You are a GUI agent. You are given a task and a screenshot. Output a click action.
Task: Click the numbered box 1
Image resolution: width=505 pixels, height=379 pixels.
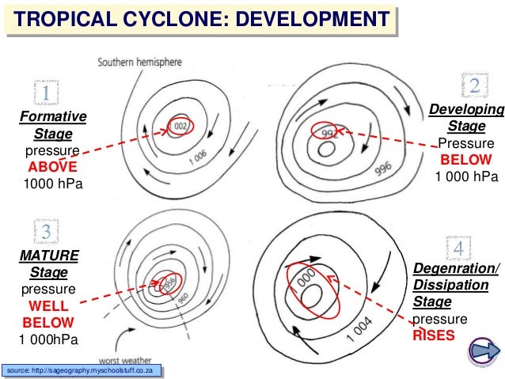[x=46, y=94]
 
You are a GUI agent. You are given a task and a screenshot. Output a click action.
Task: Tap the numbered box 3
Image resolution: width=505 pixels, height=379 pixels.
[x=46, y=232]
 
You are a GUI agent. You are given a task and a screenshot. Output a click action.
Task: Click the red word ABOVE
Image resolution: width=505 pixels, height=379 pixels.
[x=53, y=168]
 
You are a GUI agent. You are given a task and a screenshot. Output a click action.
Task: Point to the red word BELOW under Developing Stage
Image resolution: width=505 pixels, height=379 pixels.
[x=466, y=160]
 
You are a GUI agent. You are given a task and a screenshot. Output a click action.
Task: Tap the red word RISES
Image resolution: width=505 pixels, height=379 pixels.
[x=434, y=335]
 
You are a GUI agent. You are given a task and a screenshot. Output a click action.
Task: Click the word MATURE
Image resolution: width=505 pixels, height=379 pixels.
[x=49, y=256]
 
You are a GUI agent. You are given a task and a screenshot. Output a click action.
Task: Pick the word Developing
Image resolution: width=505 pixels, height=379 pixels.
[x=466, y=109]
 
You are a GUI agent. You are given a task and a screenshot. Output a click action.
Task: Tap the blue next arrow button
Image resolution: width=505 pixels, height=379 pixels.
[x=484, y=350]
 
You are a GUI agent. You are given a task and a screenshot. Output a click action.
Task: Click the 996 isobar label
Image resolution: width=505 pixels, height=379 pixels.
[x=384, y=171]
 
